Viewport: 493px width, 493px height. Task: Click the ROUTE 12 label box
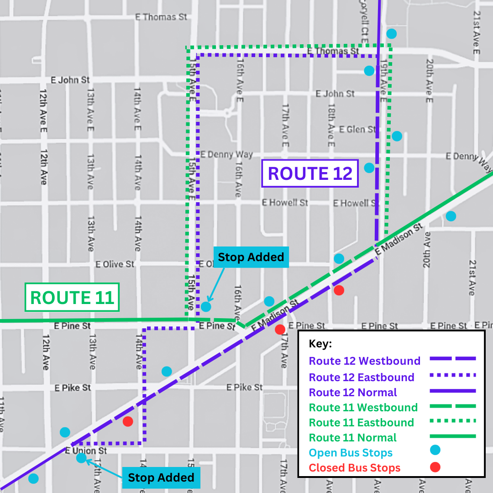[310, 173]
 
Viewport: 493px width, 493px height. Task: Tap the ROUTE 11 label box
[72, 297]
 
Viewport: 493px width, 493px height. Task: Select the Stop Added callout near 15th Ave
[251, 257]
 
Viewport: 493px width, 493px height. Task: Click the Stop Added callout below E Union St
[161, 477]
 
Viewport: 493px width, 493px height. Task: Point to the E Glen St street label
[358, 130]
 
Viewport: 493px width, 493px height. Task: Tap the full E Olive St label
[115, 264]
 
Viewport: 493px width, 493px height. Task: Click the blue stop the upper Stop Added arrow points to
[206, 306]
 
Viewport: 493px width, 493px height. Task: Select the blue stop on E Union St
[81, 458]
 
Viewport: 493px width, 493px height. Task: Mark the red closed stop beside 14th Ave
[128, 421]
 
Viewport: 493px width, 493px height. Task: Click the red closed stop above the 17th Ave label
[280, 329]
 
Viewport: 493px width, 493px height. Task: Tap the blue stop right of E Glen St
[397, 136]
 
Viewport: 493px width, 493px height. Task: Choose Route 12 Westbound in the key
[364, 361]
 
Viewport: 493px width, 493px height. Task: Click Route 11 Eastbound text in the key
[361, 423]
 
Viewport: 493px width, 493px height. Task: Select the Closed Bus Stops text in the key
[354, 468]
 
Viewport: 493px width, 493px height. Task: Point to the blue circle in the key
[435, 451]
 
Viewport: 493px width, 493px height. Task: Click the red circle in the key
[435, 467]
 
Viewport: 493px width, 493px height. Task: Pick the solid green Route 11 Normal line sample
[452, 436]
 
